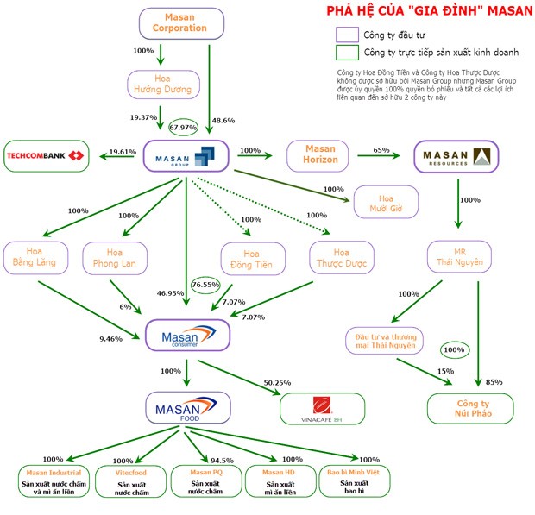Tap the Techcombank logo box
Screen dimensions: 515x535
(x=47, y=155)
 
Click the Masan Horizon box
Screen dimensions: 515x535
(x=319, y=156)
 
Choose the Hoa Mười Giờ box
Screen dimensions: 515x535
(x=385, y=204)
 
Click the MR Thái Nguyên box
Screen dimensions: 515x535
(x=458, y=256)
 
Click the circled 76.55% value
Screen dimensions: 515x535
(x=206, y=285)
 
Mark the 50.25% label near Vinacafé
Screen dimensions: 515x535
(x=275, y=381)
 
